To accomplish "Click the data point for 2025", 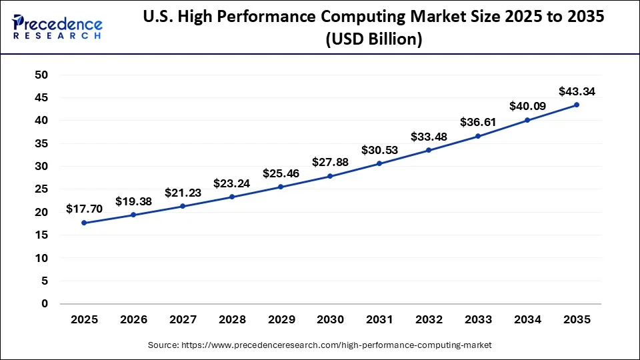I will pyautogui.click(x=84, y=223).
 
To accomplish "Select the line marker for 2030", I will pyautogui.click(x=330, y=176).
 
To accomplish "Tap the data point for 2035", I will pyautogui.click(x=576, y=105).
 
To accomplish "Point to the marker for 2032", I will pyautogui.click(x=429, y=150).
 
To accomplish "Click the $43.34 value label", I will pyautogui.click(x=577, y=91).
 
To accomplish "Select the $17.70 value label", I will pyautogui.click(x=84, y=209).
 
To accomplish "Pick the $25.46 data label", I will pyautogui.click(x=281, y=173).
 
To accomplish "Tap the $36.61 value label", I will pyautogui.click(x=478, y=122).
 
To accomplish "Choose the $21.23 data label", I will pyautogui.click(x=183, y=193).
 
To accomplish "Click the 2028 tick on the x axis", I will pyautogui.click(x=232, y=320).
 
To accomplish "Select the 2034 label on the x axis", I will pyautogui.click(x=527, y=320).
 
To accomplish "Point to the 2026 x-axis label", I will pyautogui.click(x=133, y=320).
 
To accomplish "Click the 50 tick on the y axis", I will pyautogui.click(x=41, y=75).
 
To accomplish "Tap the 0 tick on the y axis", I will pyautogui.click(x=45, y=304).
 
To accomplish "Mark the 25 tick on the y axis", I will pyautogui.click(x=41, y=189).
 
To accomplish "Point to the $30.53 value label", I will pyautogui.click(x=379, y=150).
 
